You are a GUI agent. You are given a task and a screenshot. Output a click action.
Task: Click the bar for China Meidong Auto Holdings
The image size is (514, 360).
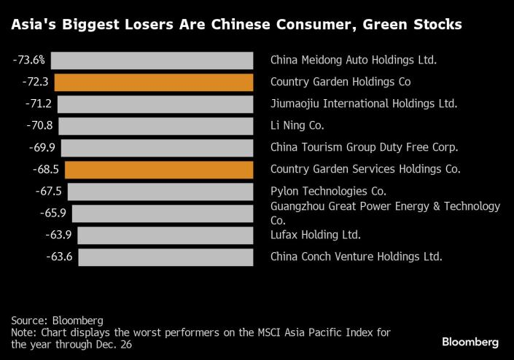152,60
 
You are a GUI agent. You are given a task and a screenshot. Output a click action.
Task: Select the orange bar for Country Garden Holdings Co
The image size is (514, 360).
154,82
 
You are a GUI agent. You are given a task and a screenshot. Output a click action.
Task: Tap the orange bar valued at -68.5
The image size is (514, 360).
159,170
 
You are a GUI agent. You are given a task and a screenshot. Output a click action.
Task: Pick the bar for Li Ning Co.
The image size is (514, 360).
156,126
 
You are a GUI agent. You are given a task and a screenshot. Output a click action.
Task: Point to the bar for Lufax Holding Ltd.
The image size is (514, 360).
166,235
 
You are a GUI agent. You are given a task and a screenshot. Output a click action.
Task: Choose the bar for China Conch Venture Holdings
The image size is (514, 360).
166,257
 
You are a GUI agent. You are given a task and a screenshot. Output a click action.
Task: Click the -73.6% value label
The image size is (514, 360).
29,60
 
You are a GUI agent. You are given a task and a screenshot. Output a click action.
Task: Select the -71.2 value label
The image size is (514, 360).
39,103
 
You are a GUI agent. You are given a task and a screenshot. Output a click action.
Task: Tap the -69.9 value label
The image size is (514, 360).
42,147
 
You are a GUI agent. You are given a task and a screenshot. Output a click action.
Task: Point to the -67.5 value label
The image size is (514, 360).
49,191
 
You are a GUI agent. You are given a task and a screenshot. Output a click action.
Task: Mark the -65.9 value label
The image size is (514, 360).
53,213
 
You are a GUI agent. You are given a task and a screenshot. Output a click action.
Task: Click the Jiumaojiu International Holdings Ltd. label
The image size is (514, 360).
364,103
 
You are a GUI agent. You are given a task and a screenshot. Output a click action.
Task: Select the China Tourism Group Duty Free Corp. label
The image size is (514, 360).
364,147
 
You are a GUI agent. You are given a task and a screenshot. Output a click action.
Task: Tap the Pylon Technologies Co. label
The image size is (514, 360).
328,191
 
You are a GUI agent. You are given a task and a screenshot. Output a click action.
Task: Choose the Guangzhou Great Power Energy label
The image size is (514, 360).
385,214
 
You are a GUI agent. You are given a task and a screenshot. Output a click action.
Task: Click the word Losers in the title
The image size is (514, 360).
149,25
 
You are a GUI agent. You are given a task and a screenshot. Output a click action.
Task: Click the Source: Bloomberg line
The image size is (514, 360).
57,321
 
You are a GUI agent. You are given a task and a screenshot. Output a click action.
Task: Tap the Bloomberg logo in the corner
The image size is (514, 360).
470,343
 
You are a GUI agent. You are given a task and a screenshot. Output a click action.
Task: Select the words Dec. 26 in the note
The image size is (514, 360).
114,345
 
